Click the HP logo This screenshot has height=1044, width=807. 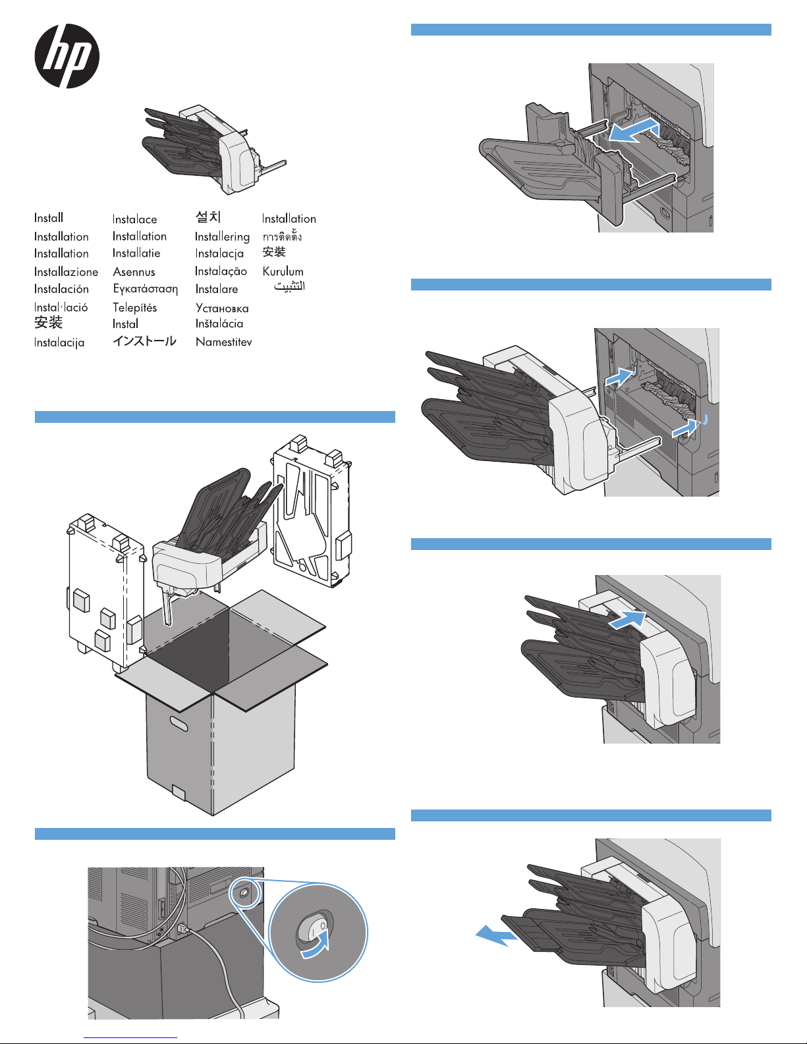[67, 56]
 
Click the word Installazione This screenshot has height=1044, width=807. [66, 271]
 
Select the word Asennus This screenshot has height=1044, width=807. [134, 271]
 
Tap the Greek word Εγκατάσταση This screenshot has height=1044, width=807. [145, 288]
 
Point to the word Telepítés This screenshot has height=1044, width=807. [134, 308]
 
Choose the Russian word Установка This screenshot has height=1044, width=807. [222, 308]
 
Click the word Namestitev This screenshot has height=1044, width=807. [223, 342]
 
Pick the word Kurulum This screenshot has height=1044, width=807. [283, 271]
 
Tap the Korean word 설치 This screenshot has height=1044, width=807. [208, 217]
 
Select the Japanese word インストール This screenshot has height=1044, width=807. [144, 341]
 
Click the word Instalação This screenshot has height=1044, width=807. [221, 271]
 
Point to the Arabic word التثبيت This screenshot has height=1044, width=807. [289, 287]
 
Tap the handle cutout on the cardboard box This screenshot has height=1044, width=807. [178, 723]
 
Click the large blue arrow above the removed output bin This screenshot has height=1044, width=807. [633, 130]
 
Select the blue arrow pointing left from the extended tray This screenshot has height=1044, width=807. [495, 936]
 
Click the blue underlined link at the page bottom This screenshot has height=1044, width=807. [130, 1038]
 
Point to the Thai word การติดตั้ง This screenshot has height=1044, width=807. [282, 236]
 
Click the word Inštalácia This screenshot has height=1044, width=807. [219, 323]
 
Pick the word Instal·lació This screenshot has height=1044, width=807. [61, 307]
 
